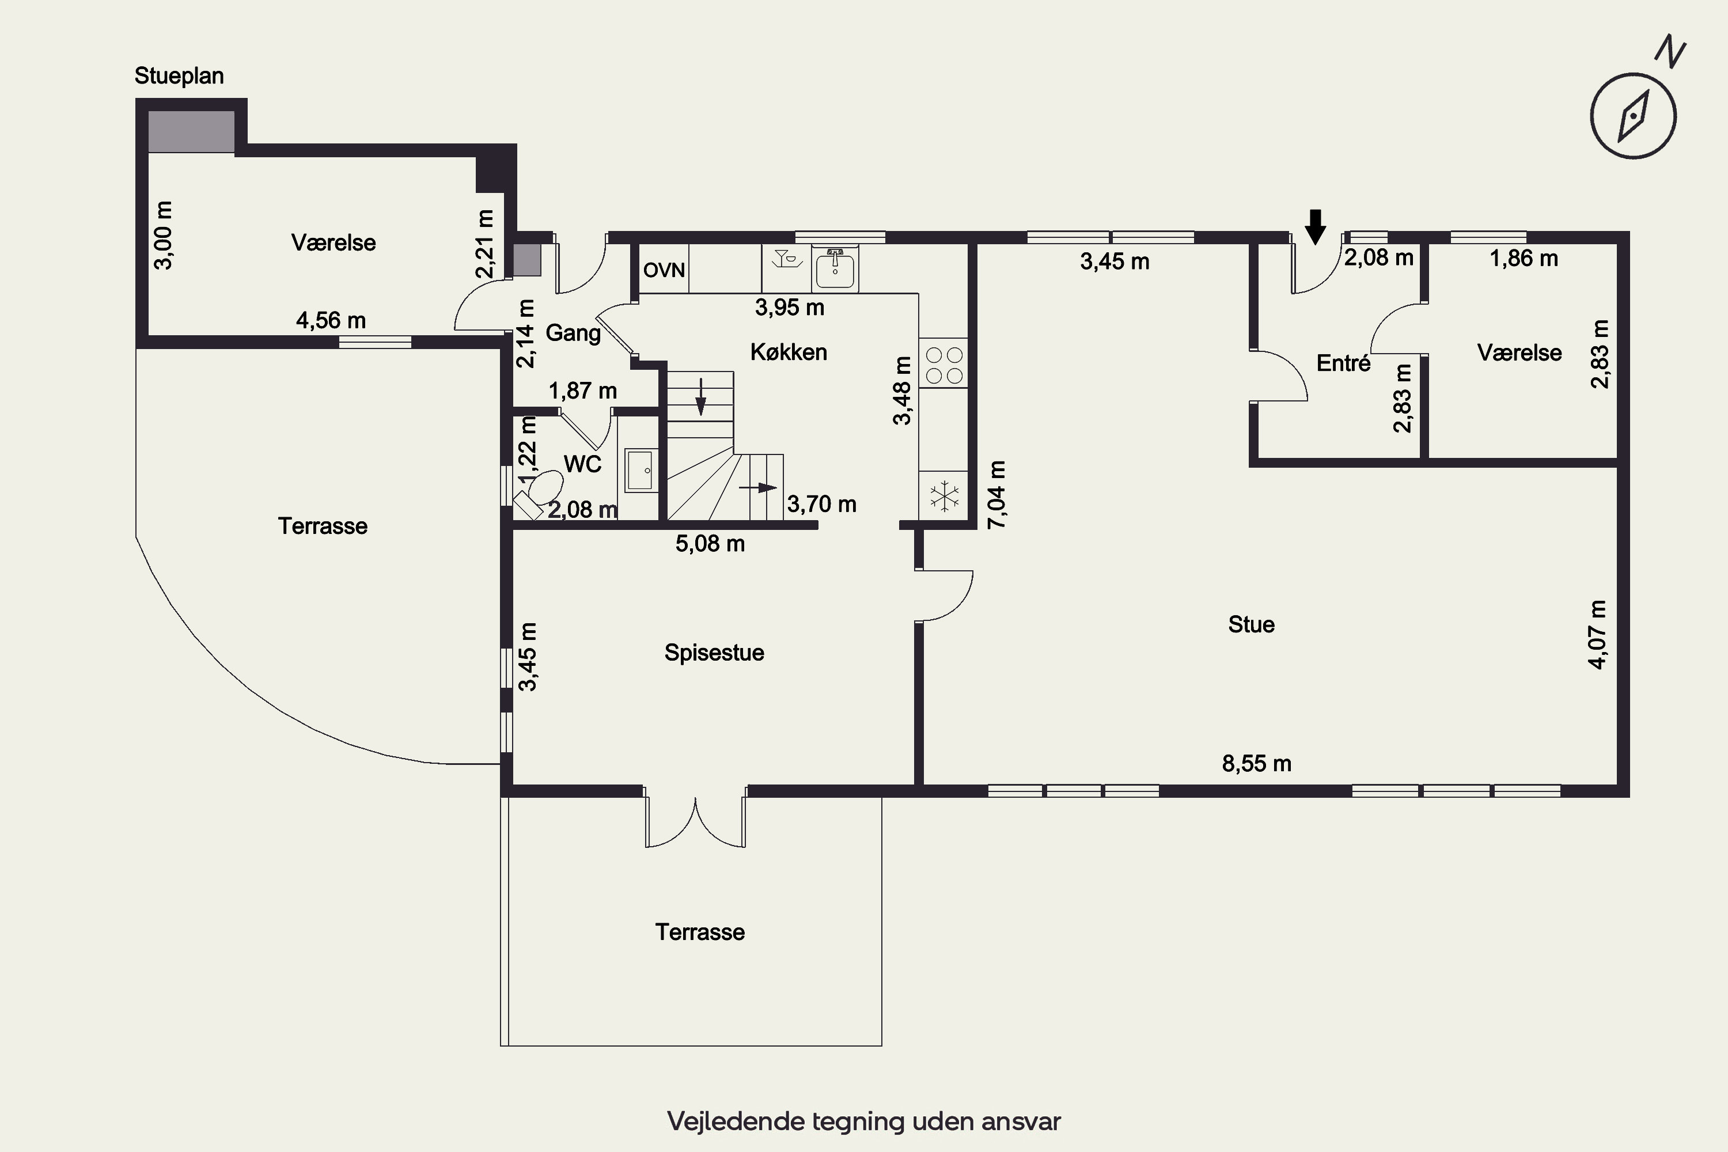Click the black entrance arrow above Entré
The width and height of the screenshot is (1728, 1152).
click(1315, 226)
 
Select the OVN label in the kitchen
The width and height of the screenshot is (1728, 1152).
click(664, 270)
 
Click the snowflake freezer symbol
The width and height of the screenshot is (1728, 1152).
click(944, 496)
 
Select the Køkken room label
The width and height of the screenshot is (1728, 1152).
click(789, 352)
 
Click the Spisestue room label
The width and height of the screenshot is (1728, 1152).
click(714, 653)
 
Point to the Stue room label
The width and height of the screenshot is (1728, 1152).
click(1251, 624)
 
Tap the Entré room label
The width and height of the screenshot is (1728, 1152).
click(1343, 363)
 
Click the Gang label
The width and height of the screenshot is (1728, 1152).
click(573, 334)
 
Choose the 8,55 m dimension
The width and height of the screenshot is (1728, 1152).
click(1256, 763)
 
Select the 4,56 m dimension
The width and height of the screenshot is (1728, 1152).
click(331, 320)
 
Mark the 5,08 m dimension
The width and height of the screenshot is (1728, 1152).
click(710, 544)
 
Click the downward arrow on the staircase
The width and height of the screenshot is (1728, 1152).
click(701, 397)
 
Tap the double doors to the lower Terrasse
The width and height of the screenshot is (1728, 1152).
click(695, 819)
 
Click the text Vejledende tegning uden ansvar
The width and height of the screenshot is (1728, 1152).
click(864, 1121)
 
